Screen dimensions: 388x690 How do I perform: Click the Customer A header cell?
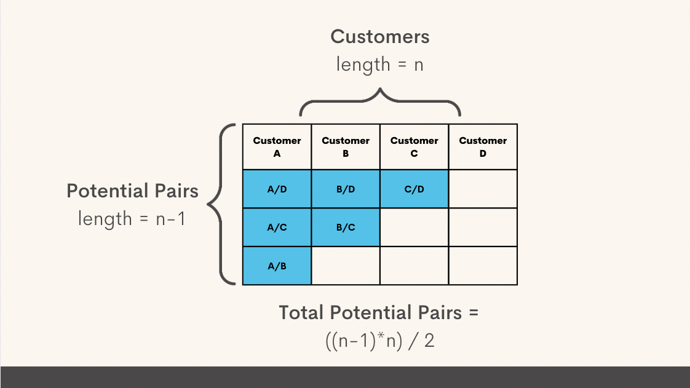point(277,147)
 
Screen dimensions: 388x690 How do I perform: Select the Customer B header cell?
point(346,147)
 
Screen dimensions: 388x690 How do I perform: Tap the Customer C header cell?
point(414,147)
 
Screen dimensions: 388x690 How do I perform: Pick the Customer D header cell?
point(483,147)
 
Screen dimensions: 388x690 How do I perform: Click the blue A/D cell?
point(277,189)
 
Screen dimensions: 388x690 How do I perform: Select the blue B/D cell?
point(346,189)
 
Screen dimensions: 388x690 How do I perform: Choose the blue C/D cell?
point(414,189)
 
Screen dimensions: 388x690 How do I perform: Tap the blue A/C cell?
point(277,228)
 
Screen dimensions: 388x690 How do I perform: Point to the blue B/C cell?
point(346,228)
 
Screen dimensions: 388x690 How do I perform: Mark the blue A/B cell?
point(277,266)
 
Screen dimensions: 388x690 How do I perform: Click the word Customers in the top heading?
point(380,37)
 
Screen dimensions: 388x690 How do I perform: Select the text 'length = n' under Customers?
point(380,64)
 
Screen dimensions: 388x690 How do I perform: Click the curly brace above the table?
point(380,102)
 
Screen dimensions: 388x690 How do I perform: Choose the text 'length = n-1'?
point(132,218)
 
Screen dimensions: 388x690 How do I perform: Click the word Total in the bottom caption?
point(302,312)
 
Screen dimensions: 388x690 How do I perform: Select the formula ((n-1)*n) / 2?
point(379,340)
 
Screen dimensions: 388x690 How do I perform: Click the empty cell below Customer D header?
point(483,189)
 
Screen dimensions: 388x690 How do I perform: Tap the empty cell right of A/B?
point(346,266)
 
